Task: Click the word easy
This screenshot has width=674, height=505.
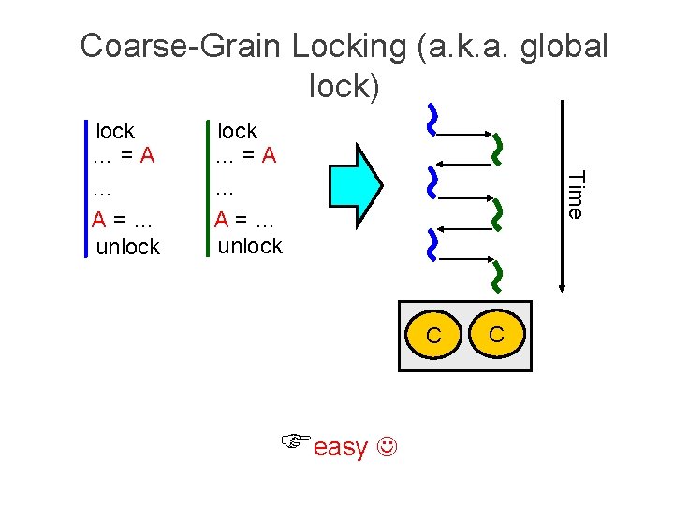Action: point(341,448)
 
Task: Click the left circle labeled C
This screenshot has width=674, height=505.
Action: point(433,335)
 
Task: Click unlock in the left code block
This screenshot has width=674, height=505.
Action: point(128,247)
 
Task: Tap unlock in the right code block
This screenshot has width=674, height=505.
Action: point(249,246)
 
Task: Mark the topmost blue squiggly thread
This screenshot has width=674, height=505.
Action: point(432,119)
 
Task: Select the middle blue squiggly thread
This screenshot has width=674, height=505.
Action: point(432,182)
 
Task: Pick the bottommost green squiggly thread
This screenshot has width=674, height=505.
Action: point(496,272)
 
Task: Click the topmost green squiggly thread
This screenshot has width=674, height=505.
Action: point(496,148)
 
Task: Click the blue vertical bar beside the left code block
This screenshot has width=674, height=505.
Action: point(86,187)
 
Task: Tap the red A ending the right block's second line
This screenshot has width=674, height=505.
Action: point(269,155)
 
